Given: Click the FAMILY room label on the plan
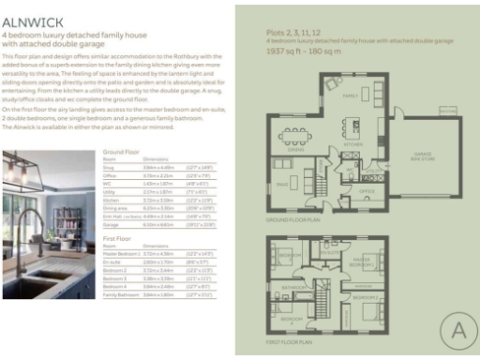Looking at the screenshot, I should (351, 96).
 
